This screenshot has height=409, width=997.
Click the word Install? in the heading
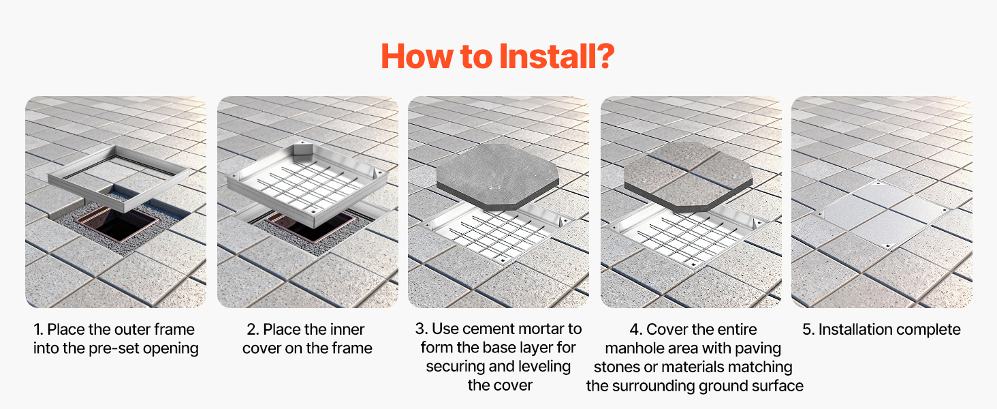557,57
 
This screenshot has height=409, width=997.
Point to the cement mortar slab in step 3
498,176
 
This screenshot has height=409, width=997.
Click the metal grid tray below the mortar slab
496,236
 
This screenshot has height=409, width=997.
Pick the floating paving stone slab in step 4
688,176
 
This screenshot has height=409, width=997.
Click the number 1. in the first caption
38,330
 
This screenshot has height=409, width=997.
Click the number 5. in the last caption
808,330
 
